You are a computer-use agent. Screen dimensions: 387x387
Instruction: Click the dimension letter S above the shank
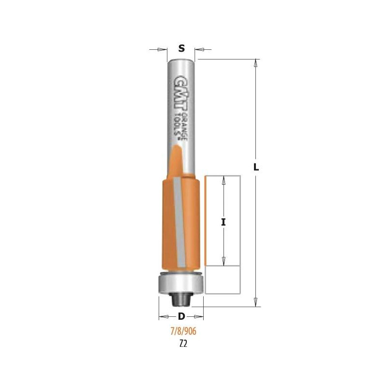pyautogui.click(x=181, y=48)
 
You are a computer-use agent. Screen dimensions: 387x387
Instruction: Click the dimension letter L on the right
pyautogui.click(x=256, y=167)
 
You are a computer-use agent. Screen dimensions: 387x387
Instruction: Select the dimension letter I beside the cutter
pyautogui.click(x=223, y=223)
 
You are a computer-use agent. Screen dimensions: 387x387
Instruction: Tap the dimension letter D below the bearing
pyautogui.click(x=181, y=316)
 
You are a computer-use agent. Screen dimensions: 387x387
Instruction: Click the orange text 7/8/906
pyautogui.click(x=183, y=331)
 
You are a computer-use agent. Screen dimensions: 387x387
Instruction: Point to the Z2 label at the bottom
pyautogui.click(x=183, y=343)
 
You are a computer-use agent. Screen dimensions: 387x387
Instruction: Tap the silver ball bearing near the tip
pyautogui.click(x=181, y=283)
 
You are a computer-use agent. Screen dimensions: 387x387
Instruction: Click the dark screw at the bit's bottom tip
pyautogui.click(x=181, y=299)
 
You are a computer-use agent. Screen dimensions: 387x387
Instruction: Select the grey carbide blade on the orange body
pyautogui.click(x=179, y=222)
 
